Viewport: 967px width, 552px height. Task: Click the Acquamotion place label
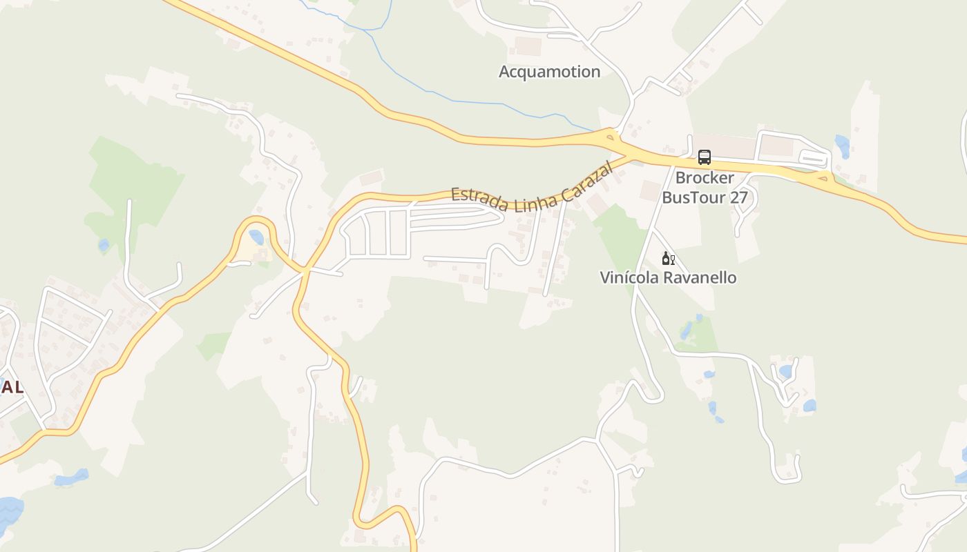549,72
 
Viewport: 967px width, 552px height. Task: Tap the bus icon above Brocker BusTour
704,157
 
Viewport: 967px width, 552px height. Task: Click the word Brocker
705,178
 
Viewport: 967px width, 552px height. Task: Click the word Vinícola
629,278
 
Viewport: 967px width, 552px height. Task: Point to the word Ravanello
700,278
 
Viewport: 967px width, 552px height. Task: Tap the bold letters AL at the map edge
12,388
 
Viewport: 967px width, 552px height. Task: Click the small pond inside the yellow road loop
256,238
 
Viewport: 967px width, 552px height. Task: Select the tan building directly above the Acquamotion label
528,46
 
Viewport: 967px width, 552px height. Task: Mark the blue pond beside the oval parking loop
842,146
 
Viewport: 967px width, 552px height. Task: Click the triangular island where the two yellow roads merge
610,137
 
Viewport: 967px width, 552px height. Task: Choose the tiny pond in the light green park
104,245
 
